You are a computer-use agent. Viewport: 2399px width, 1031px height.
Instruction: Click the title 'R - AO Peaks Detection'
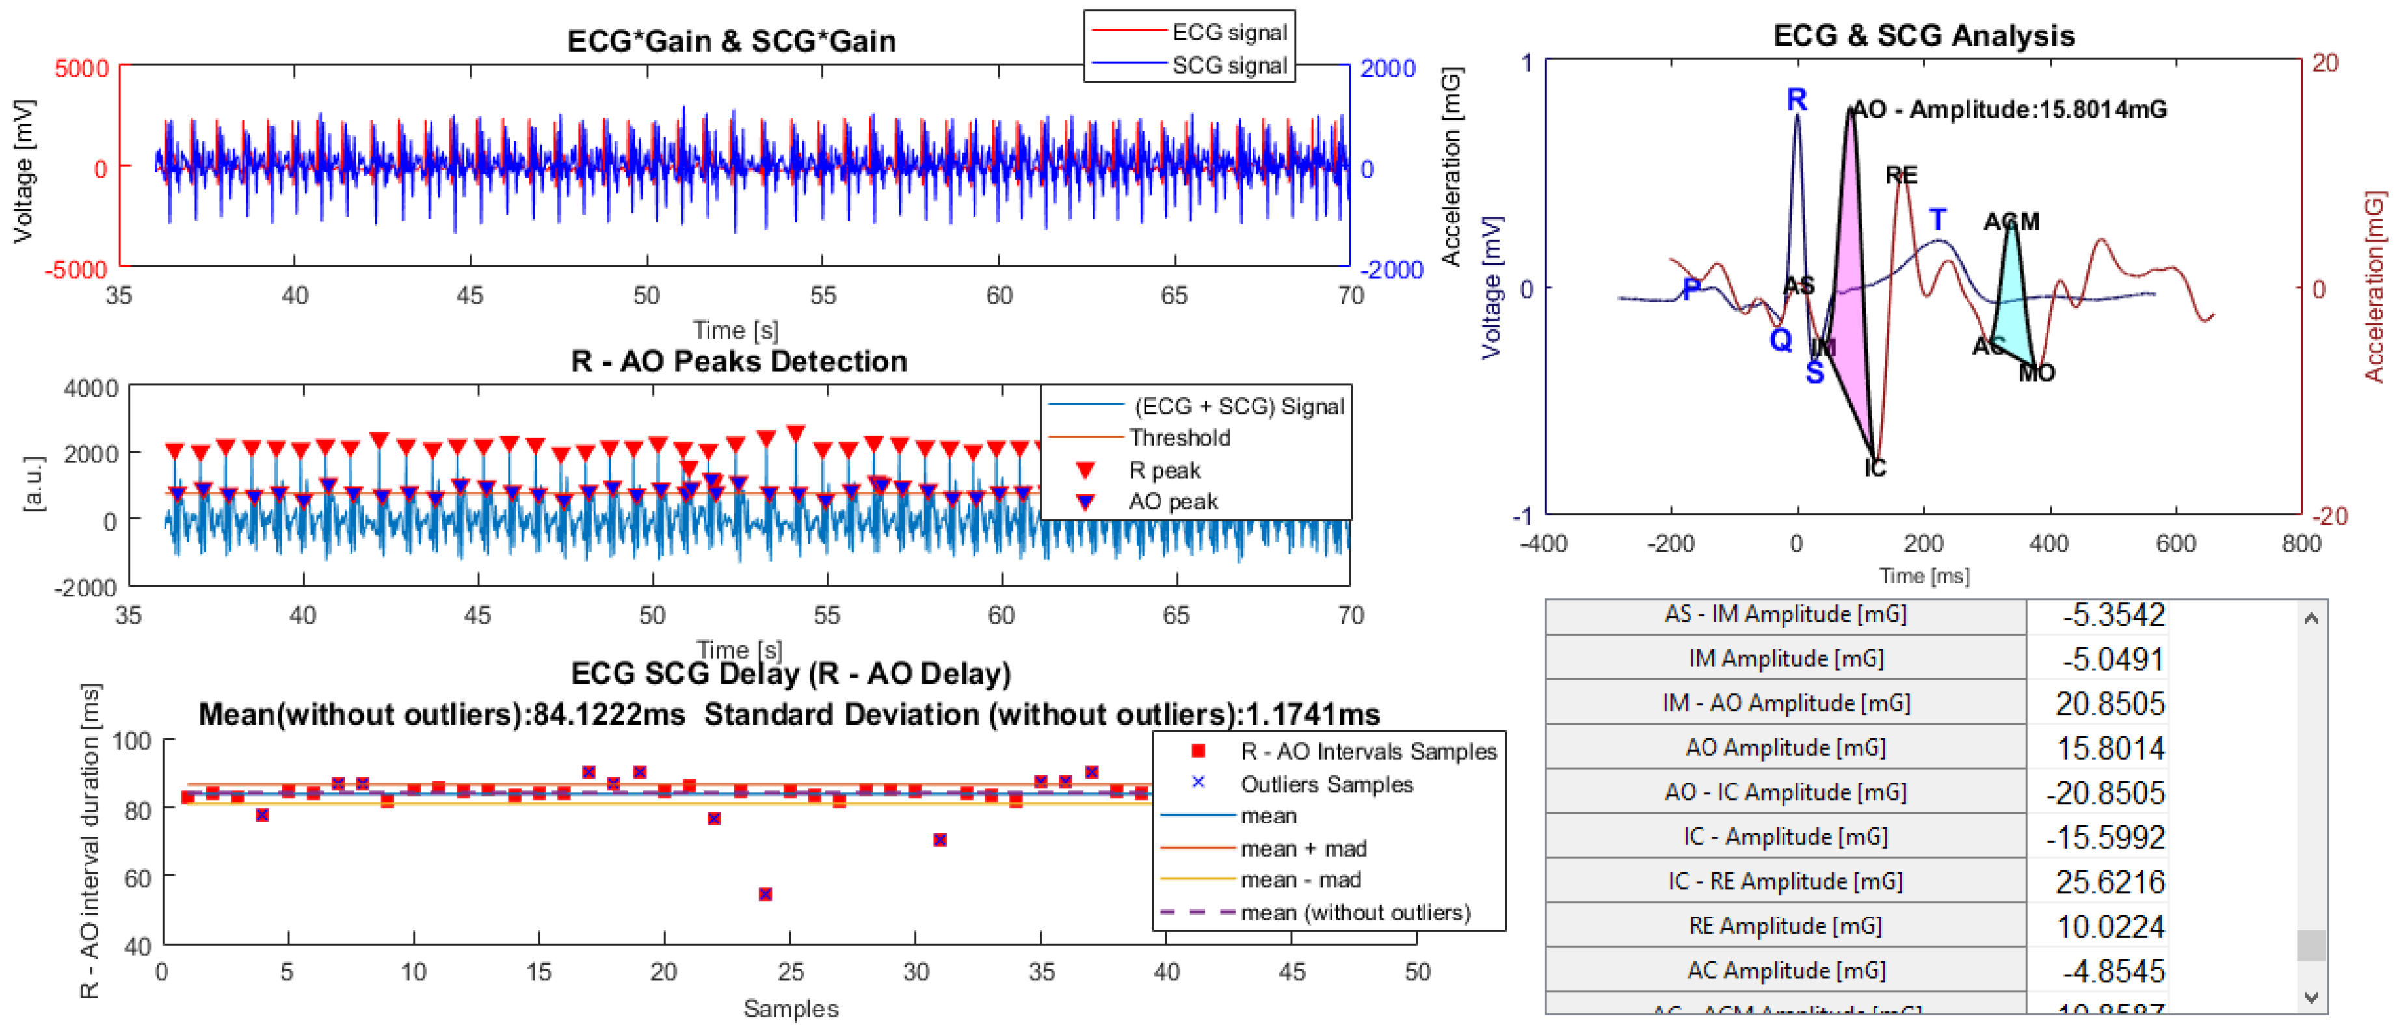(x=739, y=362)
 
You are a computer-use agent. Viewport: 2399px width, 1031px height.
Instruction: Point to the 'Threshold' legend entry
(x=1178, y=438)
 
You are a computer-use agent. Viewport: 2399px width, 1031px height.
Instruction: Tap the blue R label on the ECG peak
(x=1796, y=100)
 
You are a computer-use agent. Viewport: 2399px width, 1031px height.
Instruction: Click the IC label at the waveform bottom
(x=1875, y=468)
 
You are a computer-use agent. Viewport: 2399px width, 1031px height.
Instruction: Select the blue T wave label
(x=1937, y=220)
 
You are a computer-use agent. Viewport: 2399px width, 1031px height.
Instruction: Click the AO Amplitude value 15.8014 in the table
(x=2110, y=749)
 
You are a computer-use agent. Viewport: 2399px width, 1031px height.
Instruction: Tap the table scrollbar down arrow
(x=2311, y=997)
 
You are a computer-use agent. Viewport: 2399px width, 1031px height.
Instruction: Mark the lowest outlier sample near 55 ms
(x=765, y=895)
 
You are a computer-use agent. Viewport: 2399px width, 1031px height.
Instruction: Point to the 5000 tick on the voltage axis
(x=82, y=69)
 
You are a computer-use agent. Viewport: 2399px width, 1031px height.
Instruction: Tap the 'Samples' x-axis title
(x=791, y=1010)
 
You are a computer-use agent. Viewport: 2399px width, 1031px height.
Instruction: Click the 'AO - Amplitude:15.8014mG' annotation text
(x=2009, y=110)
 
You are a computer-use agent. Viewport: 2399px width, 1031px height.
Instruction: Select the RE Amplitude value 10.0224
(x=2110, y=927)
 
